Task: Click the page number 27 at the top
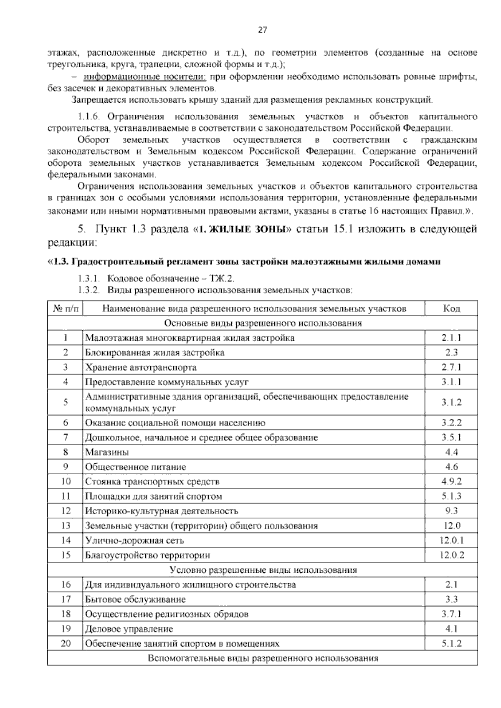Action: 262,30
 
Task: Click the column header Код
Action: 451,308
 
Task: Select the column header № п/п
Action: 66,308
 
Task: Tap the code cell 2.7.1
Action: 451,367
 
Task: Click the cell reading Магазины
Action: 107,452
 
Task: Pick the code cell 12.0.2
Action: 451,555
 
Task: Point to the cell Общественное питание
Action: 136,467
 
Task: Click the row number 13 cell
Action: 66,526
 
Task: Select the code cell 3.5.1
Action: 451,437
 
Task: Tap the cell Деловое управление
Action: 129,629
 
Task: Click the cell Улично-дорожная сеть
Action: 134,541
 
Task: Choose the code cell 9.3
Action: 451,511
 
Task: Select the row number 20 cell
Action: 66,643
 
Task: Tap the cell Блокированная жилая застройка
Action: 154,353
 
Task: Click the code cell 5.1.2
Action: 451,643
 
